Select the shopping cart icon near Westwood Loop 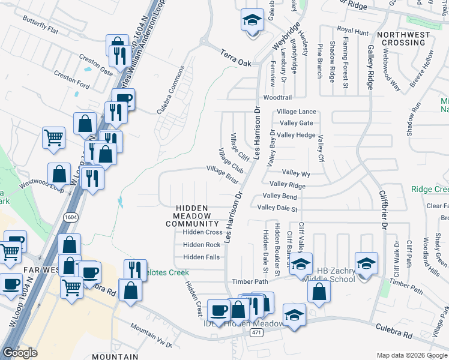[53, 137]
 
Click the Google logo [20, 353]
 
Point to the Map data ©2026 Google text [411, 355]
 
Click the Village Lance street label [296, 112]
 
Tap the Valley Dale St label [277, 208]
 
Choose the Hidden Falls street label [201, 257]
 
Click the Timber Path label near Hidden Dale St [251, 281]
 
